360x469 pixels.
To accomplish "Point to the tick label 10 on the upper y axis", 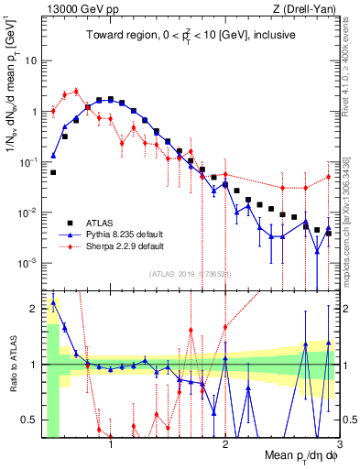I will (31, 60).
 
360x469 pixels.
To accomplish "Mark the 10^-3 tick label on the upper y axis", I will (28, 263).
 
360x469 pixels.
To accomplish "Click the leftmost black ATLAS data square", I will (53, 172).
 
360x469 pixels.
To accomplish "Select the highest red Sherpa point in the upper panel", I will (76, 91).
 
